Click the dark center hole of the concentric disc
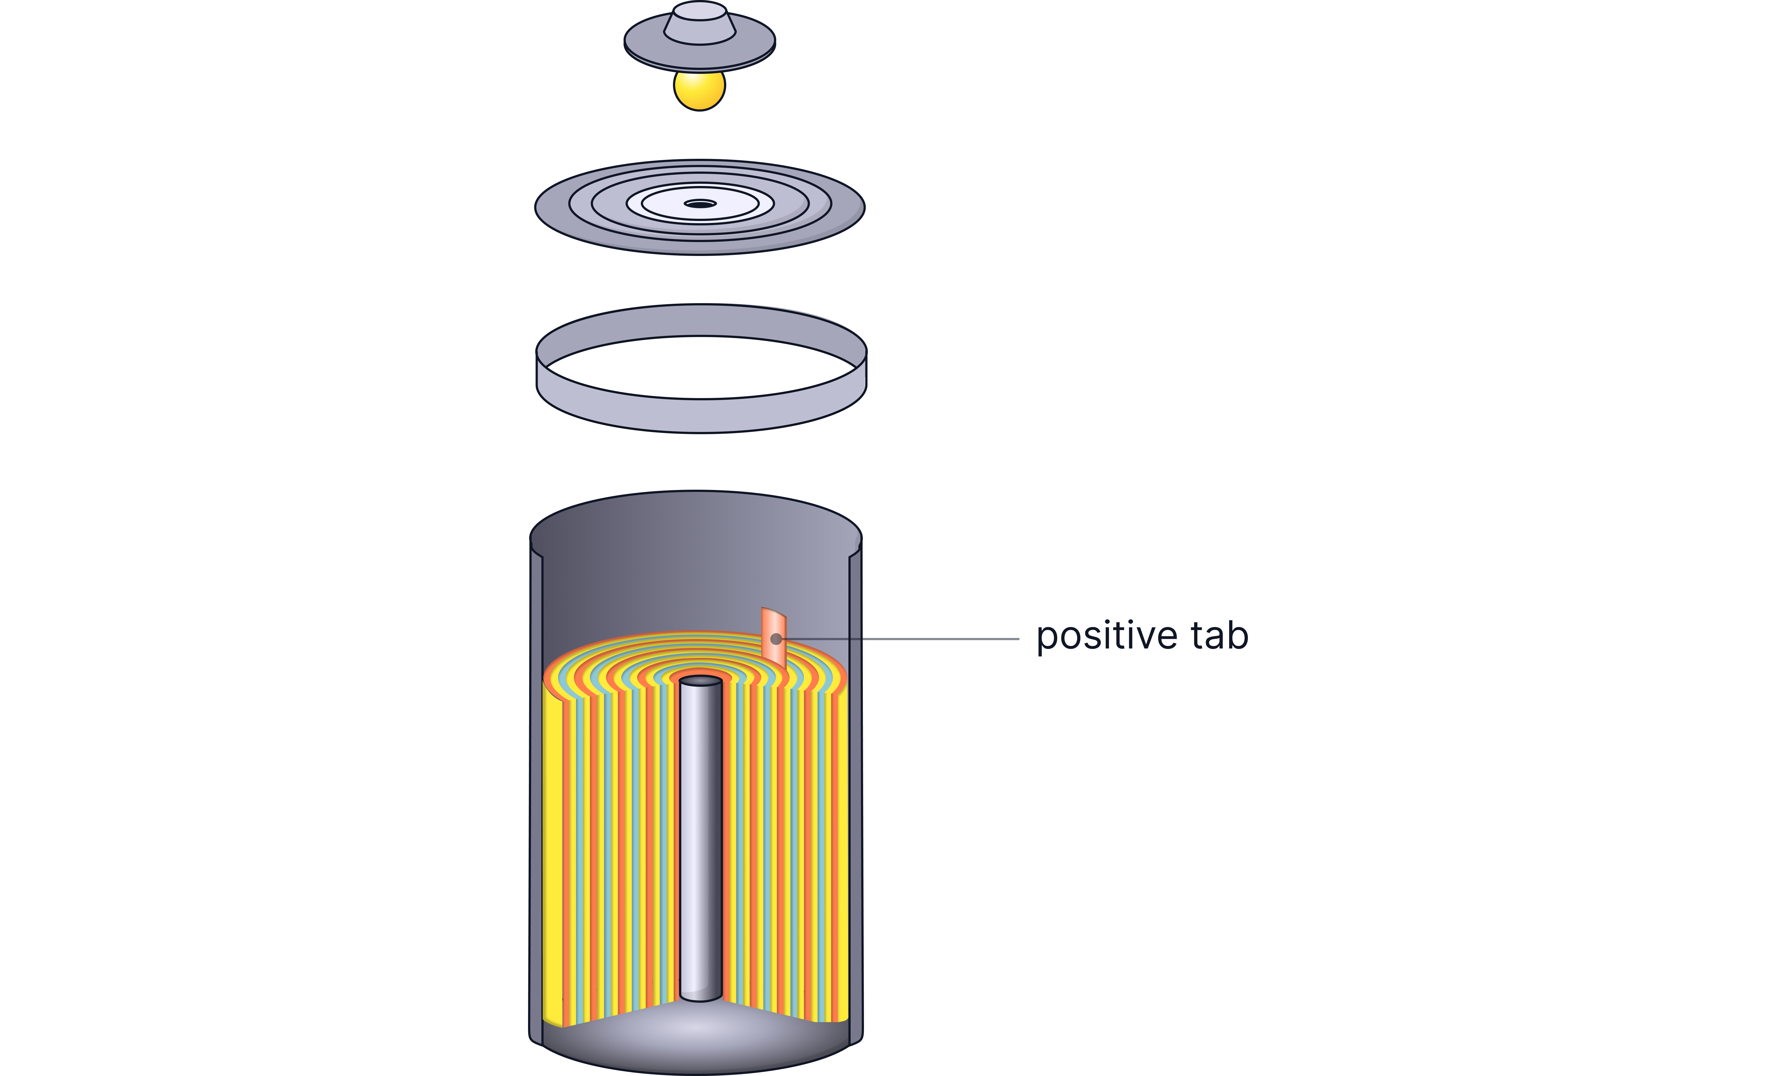pos(700,204)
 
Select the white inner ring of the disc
pos(700,204)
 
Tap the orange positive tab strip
pos(773,635)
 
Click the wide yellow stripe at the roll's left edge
pos(552,852)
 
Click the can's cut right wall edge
pos(856,794)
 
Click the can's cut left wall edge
pos(536,794)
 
